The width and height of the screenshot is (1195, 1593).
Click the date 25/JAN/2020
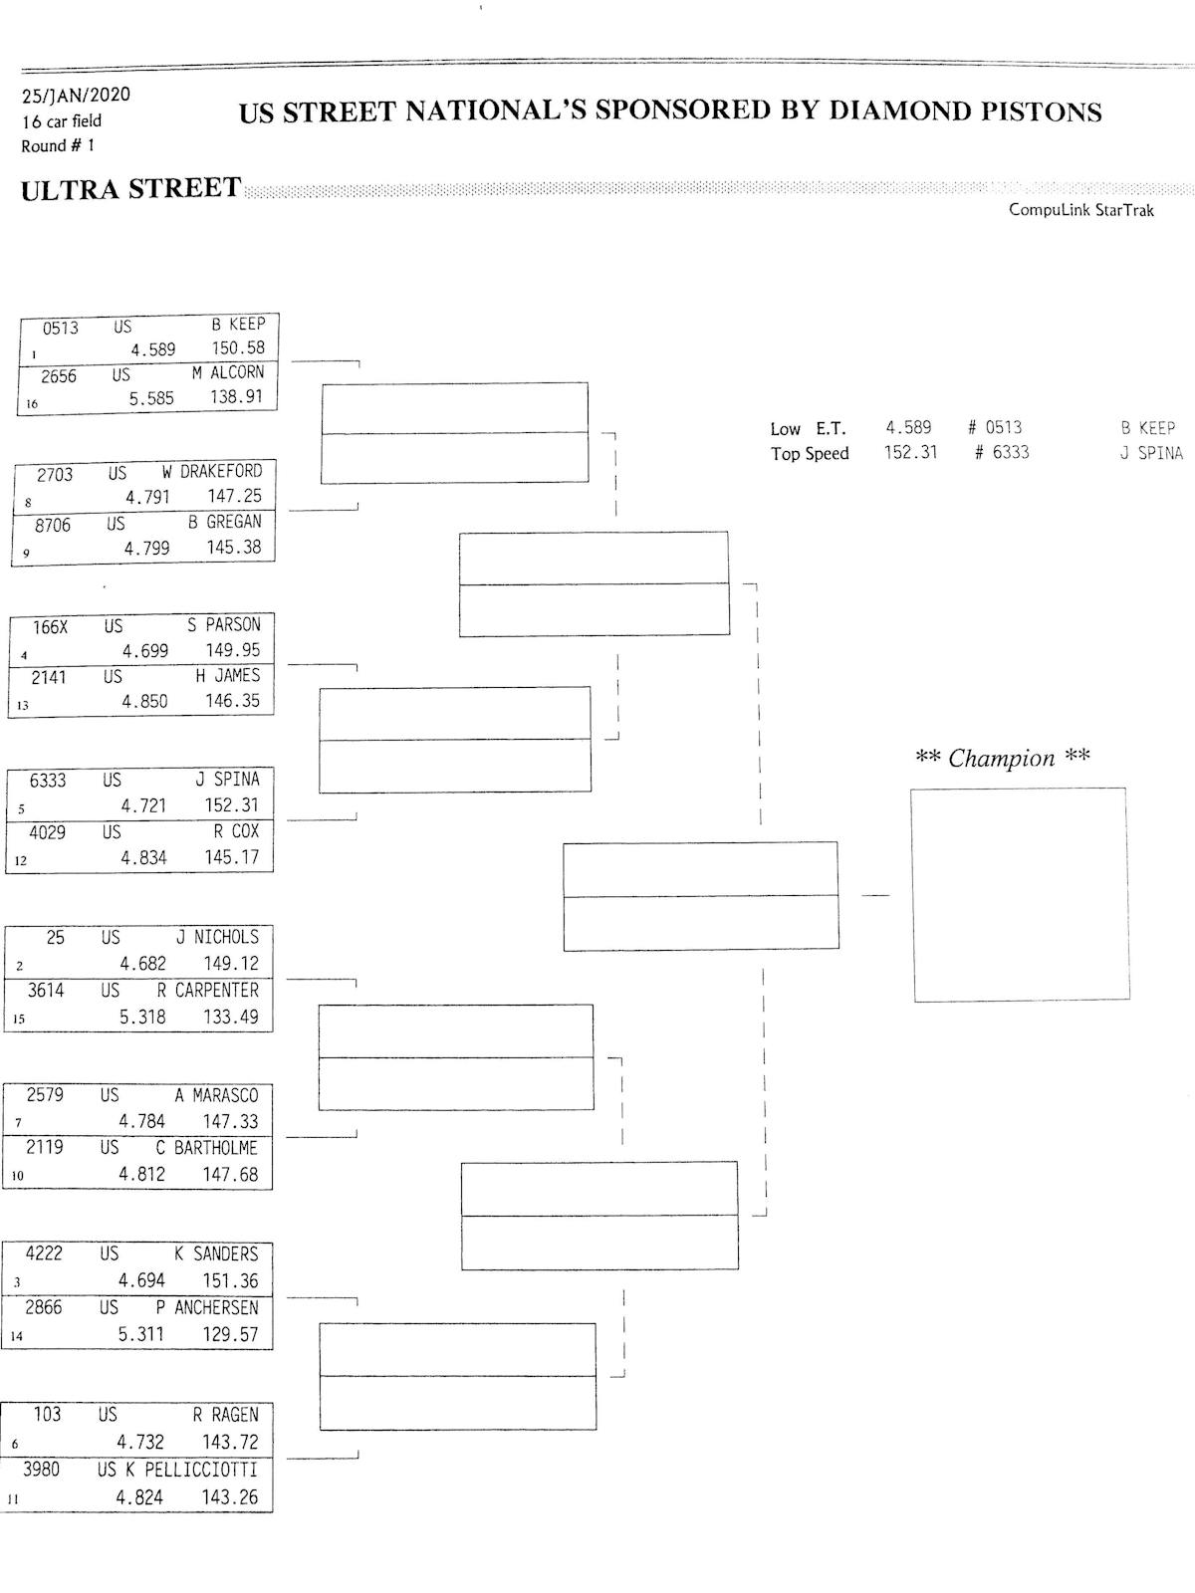76,96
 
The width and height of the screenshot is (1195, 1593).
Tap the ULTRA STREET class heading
130,189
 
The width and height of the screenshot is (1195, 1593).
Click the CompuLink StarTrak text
1080,210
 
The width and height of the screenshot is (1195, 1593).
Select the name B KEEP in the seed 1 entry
238,324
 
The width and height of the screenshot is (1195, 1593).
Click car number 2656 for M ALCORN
58,376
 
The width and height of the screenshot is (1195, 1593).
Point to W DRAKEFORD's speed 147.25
234,496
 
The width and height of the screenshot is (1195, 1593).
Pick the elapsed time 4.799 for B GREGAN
146,549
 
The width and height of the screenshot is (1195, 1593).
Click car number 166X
50,627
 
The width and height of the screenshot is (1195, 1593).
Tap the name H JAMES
228,676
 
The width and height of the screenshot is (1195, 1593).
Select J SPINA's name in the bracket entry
227,780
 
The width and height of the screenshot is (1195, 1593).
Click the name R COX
236,831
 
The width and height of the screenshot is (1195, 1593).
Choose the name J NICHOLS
217,937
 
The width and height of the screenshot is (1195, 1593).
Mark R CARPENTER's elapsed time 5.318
142,1017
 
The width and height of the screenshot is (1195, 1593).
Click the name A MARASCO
216,1095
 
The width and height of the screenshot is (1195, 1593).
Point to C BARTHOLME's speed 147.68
230,1175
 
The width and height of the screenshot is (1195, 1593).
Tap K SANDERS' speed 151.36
230,1280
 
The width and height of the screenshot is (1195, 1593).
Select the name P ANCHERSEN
207,1307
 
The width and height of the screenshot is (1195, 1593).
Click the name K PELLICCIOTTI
191,1470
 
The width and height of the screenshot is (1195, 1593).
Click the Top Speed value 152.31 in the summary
910,453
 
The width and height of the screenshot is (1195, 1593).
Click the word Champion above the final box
1001,759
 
